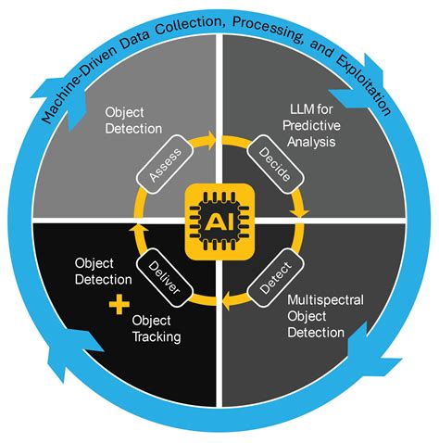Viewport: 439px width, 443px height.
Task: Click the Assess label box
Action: [x=165, y=164]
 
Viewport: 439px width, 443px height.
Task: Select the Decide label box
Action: [x=275, y=164]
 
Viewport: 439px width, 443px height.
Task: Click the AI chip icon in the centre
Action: [x=219, y=221]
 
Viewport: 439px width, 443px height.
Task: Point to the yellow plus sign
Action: [x=119, y=304]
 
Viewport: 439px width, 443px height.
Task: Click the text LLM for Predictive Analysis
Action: [x=311, y=126]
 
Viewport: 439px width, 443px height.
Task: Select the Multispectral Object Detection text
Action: [x=325, y=316]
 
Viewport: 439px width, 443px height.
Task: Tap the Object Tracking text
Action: [x=157, y=329]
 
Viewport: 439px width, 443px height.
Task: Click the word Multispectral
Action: [x=325, y=300]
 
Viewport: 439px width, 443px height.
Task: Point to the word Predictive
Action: [x=311, y=126]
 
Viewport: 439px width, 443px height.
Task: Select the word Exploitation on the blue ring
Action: [x=363, y=85]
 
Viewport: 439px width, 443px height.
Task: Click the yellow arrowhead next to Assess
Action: [x=211, y=140]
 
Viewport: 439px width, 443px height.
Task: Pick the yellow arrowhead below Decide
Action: [x=299, y=213]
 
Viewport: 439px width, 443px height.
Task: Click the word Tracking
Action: [x=157, y=336]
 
